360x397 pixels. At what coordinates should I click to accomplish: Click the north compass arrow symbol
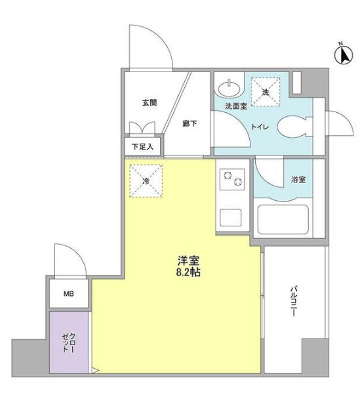click(x=344, y=55)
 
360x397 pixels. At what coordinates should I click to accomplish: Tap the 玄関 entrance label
click(x=150, y=103)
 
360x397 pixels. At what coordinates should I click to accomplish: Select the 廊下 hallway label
click(x=190, y=123)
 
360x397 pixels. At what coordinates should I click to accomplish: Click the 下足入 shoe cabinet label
click(x=143, y=146)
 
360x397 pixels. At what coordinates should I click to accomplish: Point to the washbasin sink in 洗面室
click(x=229, y=89)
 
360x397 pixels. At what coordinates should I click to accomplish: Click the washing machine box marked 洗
click(x=266, y=92)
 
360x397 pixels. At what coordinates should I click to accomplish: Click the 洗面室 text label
click(x=236, y=106)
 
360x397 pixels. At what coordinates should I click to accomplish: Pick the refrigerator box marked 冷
click(x=146, y=180)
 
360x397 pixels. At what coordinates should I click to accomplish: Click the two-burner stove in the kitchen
click(x=232, y=179)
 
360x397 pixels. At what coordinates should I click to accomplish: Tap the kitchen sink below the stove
click(x=230, y=217)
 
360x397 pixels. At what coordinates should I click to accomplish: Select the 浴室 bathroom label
click(x=298, y=180)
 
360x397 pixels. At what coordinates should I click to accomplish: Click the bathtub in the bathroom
click(x=283, y=219)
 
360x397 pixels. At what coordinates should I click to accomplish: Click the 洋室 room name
click(x=189, y=261)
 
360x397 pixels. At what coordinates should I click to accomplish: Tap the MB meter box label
click(x=69, y=294)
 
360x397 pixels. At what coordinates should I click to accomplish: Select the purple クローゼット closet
click(x=69, y=343)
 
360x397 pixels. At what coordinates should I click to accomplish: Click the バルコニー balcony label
click(x=294, y=301)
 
